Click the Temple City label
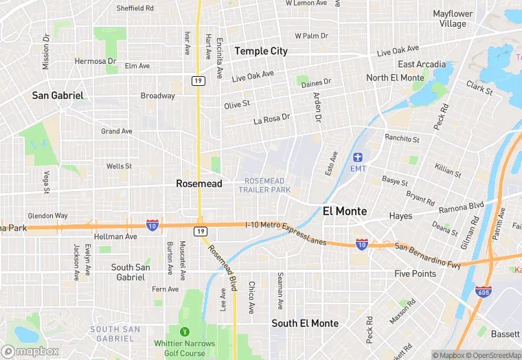point(261,51)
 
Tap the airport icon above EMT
point(359,157)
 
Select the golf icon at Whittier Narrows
point(184,333)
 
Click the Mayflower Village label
point(453,19)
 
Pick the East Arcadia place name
point(422,65)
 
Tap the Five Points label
point(415,273)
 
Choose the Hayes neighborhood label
point(400,216)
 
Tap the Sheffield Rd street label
point(135,8)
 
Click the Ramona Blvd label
point(462,205)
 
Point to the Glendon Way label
point(48,216)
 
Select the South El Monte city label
point(305,323)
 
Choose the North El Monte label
point(395,78)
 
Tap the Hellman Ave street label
point(116,236)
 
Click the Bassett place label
point(504,334)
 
